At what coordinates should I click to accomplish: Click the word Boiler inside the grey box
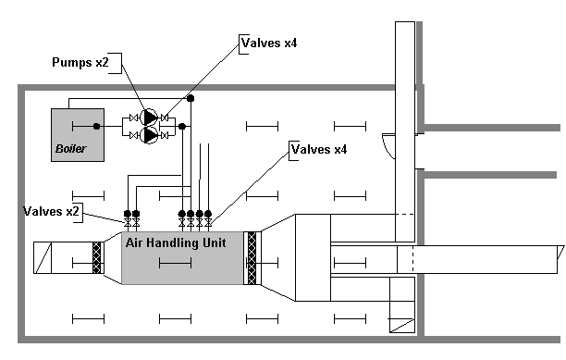click(x=70, y=148)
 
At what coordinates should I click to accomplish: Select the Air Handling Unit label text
click(x=176, y=242)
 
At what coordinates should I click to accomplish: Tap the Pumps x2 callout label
click(x=80, y=62)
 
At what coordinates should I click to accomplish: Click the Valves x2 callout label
click(x=51, y=211)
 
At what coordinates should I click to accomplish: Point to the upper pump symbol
click(x=149, y=118)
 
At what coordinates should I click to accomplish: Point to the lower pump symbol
click(x=149, y=135)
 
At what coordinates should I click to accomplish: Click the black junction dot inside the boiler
click(x=96, y=126)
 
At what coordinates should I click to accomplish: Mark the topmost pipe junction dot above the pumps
click(x=191, y=98)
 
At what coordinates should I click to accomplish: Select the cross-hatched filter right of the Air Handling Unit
click(x=252, y=258)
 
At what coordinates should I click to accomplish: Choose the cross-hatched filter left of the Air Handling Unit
click(x=96, y=257)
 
